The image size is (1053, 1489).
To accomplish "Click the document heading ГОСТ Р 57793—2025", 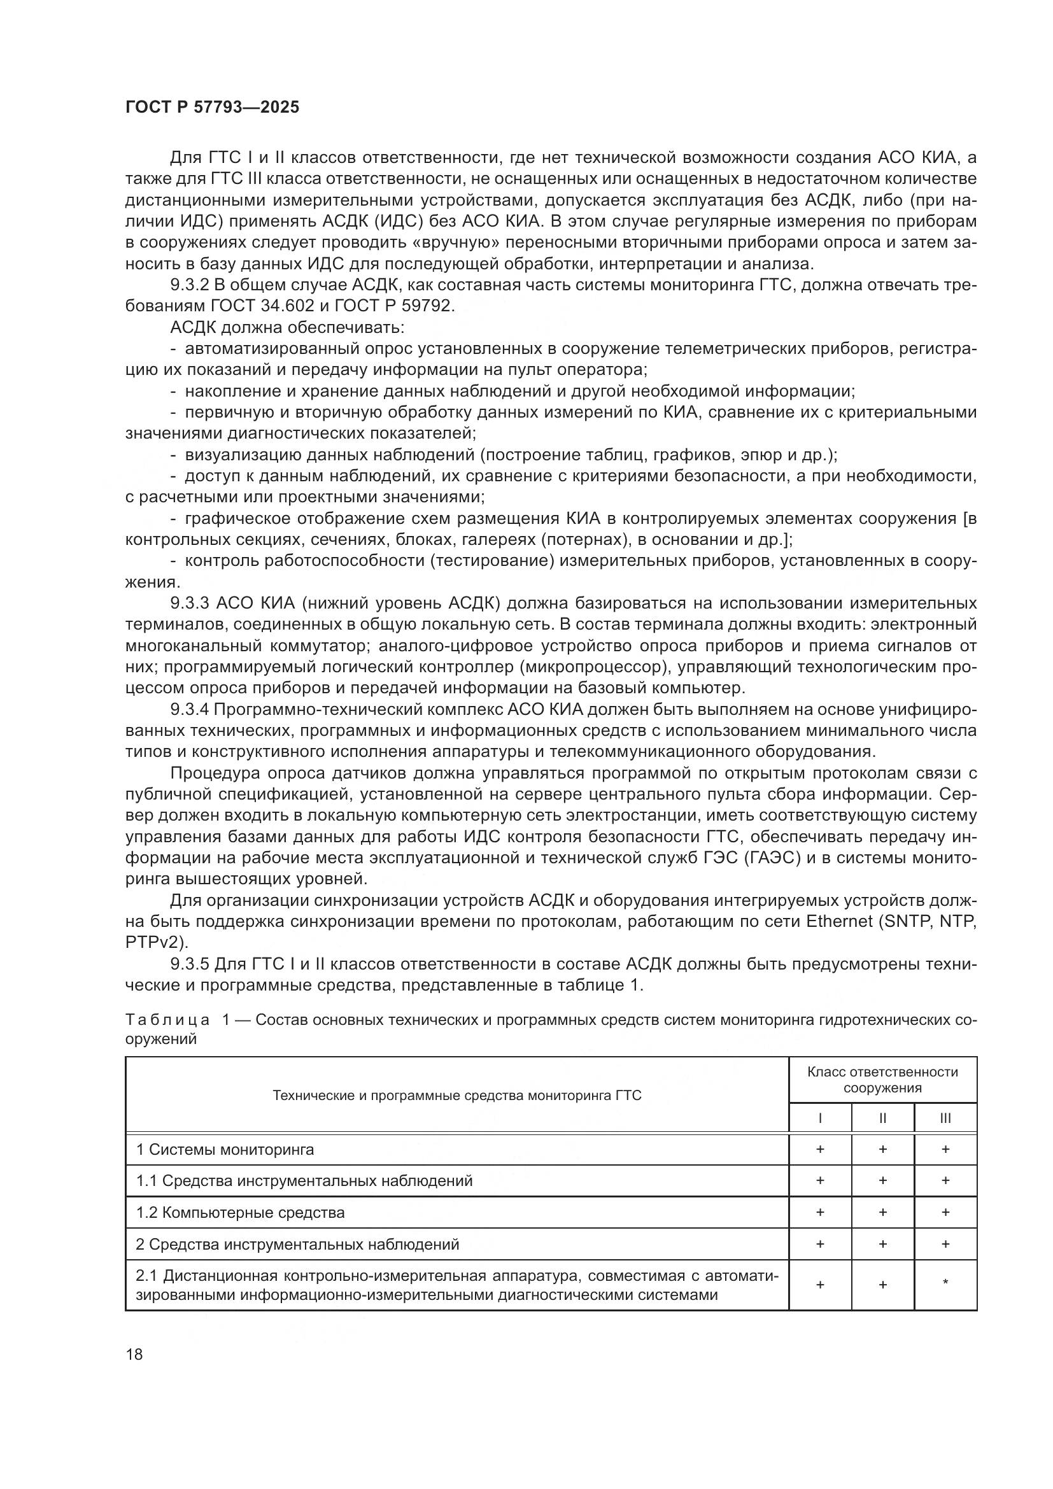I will point(212,107).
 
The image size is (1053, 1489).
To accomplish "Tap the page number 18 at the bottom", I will point(134,1354).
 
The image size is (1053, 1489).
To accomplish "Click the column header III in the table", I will point(945,1118).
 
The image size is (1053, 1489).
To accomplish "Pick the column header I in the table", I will point(820,1118).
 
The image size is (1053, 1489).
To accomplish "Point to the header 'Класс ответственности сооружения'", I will point(882,1080).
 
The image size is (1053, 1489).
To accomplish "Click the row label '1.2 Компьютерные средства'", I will point(241,1212).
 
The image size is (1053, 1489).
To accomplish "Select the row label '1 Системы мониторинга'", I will point(225,1149).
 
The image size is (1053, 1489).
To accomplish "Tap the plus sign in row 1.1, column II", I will point(882,1180).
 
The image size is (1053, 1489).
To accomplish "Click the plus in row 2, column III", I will point(945,1244).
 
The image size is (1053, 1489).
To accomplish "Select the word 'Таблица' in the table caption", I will point(167,1020).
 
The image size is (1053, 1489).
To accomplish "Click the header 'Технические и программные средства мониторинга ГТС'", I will point(456,1096).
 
